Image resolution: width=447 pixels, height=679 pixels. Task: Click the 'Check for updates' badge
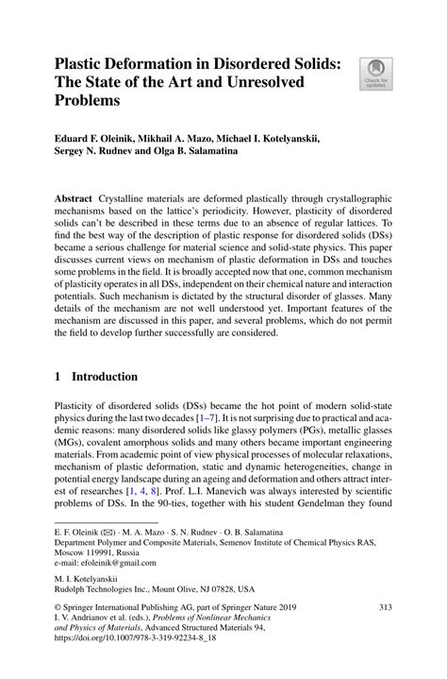pyautogui.click(x=374, y=74)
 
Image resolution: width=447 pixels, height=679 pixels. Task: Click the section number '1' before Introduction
pyautogui.click(x=58, y=377)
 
